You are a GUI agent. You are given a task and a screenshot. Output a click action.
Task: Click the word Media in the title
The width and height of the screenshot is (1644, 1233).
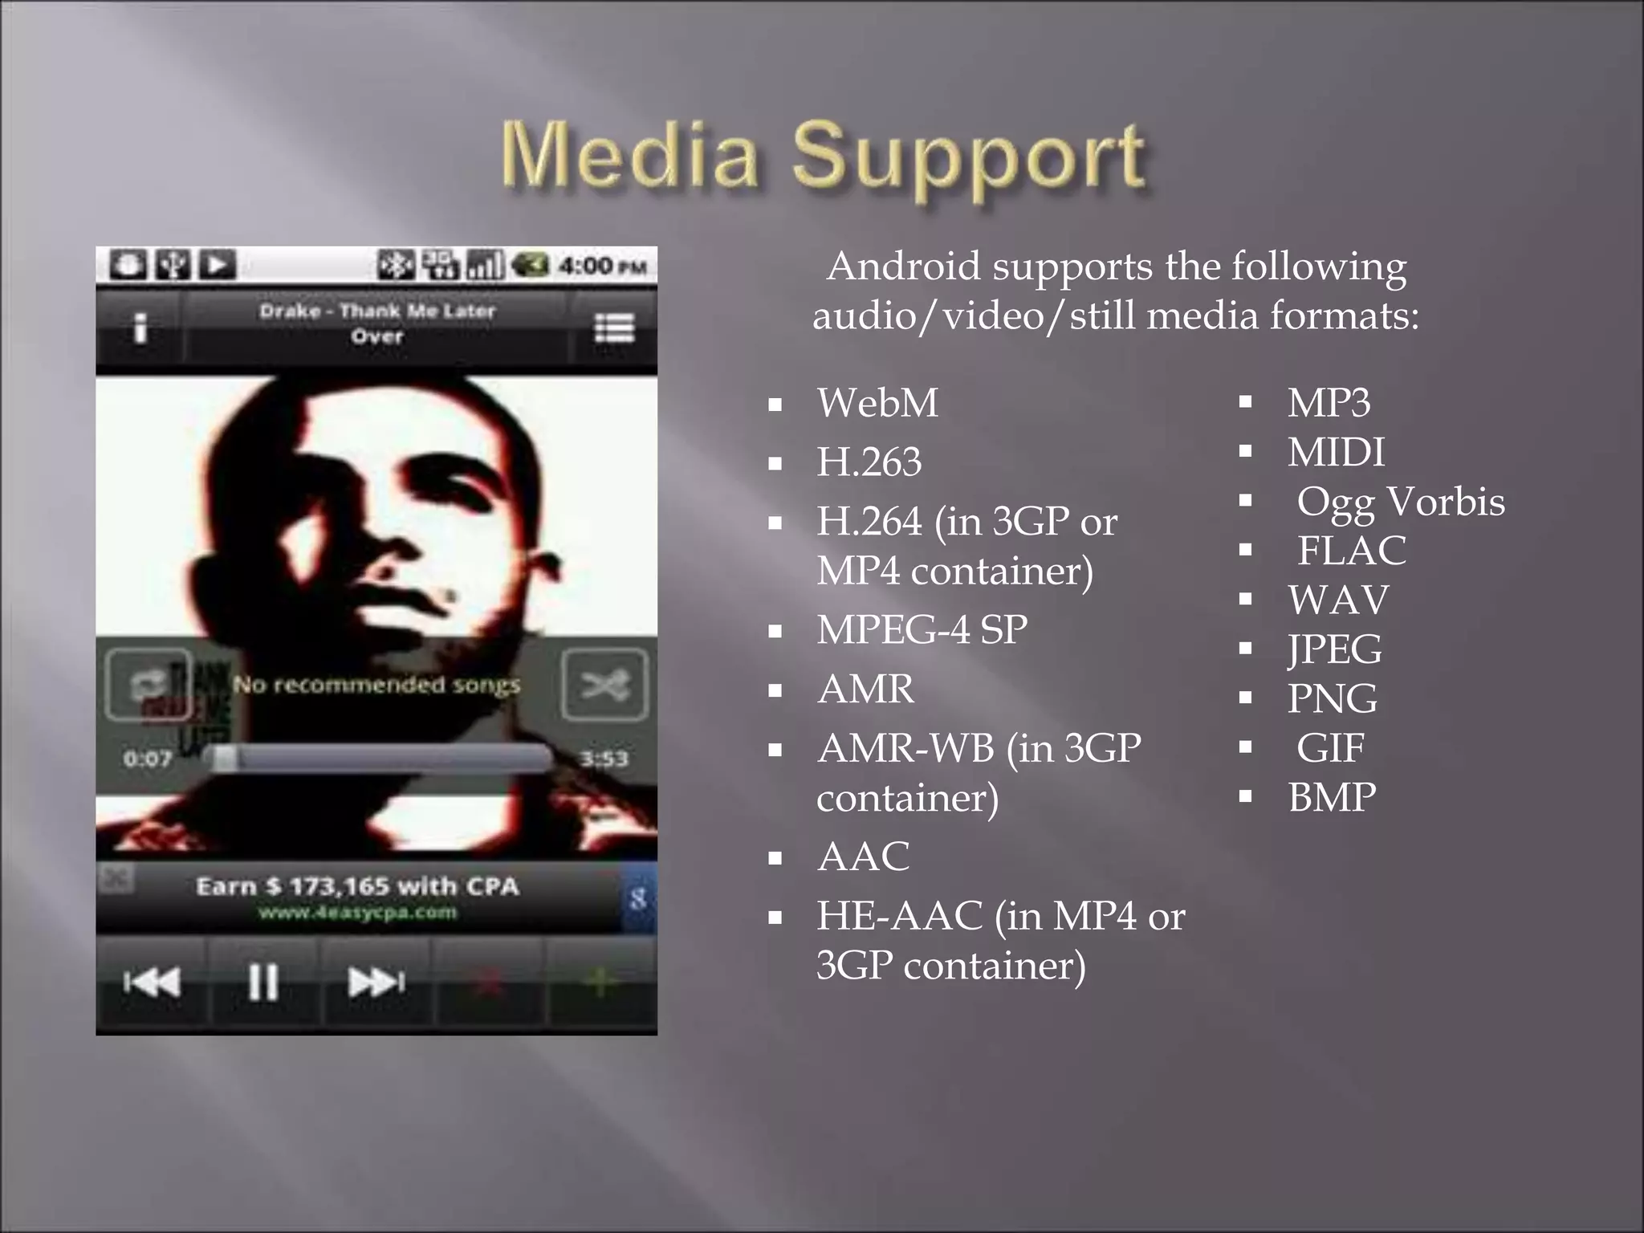(629, 154)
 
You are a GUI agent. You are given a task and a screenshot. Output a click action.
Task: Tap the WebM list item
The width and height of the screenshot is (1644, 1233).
(877, 403)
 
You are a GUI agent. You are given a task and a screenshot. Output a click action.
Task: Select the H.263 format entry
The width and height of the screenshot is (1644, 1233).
(869, 462)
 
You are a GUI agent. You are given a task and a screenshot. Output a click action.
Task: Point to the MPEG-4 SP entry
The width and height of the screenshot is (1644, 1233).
(922, 630)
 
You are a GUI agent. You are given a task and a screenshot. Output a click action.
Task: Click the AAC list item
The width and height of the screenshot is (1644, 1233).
(863, 857)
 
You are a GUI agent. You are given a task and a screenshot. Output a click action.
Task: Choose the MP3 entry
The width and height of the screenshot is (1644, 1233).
(1329, 403)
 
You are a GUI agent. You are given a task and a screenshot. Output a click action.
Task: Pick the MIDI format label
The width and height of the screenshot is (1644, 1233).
(1336, 453)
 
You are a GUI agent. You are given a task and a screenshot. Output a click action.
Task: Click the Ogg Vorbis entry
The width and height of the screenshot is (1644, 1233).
(1401, 502)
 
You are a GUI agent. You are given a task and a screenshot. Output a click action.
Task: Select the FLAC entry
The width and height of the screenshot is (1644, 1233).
(1352, 551)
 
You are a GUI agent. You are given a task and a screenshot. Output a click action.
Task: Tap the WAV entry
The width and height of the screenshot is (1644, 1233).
(1338, 600)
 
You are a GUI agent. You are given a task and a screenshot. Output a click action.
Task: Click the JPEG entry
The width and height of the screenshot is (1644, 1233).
(1335, 649)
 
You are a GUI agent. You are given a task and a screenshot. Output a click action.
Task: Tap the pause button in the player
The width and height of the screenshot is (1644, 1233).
(263, 981)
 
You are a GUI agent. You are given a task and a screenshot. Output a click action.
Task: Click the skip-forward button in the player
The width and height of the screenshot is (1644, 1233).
(376, 981)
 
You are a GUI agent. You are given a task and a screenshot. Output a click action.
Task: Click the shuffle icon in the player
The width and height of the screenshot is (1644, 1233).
(604, 685)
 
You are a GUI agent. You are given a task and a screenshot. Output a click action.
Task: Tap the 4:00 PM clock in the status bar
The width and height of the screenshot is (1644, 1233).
(602, 266)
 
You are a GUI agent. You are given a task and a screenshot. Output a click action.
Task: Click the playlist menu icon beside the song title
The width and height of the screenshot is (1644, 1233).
(614, 328)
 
